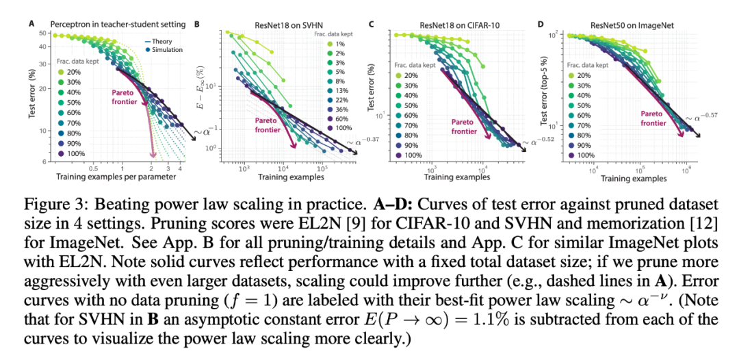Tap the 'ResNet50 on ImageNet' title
[627, 25]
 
